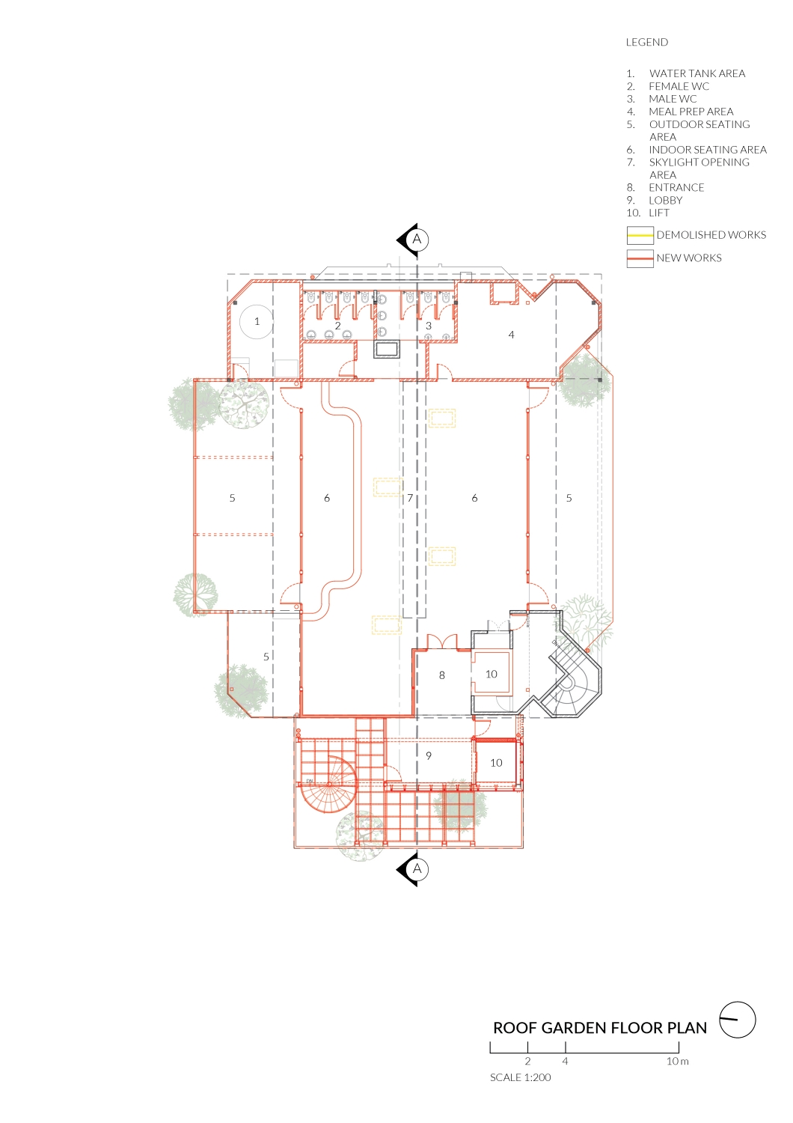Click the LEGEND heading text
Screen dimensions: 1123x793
point(646,43)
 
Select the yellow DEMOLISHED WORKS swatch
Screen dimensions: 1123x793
point(640,236)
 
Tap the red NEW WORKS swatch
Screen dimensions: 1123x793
point(640,258)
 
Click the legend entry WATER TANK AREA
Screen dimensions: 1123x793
point(696,73)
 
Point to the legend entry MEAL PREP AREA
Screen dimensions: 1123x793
point(691,112)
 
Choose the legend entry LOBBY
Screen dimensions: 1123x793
point(665,201)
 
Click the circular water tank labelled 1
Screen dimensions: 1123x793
point(257,322)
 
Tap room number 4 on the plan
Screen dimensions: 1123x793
point(511,335)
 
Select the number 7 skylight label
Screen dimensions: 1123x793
point(410,498)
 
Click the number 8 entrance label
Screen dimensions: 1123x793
point(441,675)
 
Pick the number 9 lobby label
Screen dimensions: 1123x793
point(429,756)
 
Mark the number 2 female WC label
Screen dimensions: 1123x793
point(337,326)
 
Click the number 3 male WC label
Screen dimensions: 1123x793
point(429,326)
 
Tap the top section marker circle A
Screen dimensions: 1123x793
point(417,240)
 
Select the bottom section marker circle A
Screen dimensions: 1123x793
point(417,869)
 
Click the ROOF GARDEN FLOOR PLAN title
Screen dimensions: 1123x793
point(599,1028)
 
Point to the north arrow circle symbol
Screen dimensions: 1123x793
point(738,1020)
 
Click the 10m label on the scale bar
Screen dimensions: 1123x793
point(677,1062)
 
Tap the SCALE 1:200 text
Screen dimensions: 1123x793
point(520,1078)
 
